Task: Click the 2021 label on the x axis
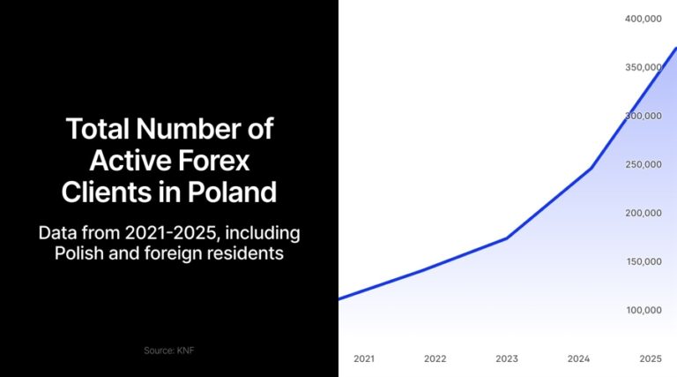(364, 358)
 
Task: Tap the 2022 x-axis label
(435, 358)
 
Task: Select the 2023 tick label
(506, 358)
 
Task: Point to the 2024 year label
(577, 358)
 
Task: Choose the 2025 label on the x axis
(650, 358)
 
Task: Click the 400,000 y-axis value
(643, 19)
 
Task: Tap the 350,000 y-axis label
(643, 67)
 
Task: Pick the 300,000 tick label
(643, 116)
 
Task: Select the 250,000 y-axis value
(643, 164)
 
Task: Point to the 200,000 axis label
(643, 213)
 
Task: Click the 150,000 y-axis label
(643, 261)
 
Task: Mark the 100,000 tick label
(643, 310)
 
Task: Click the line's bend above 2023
(507, 238)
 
